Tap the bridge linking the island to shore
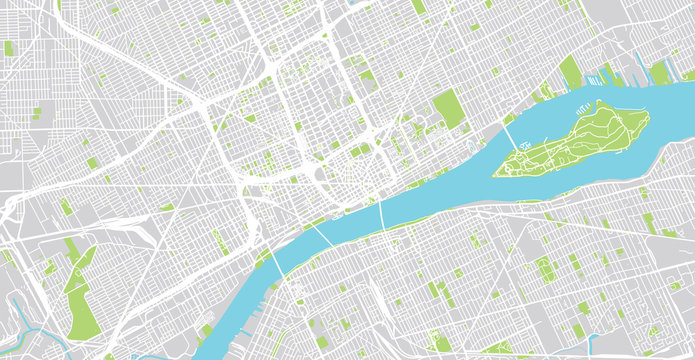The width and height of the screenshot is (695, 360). [510, 135]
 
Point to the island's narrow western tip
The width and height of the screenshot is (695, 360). [498, 172]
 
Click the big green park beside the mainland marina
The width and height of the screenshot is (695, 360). [571, 72]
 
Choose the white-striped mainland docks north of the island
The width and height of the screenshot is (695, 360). [611, 73]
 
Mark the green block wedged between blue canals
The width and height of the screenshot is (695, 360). [659, 71]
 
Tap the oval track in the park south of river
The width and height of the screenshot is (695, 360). [546, 270]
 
